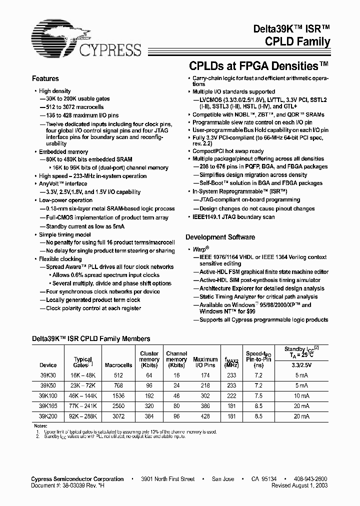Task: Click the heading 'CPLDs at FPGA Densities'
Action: pyautogui.click(x=258, y=65)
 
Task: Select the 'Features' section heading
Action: pyautogui.click(x=45, y=79)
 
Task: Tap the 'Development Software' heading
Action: pyautogui.click(x=220, y=237)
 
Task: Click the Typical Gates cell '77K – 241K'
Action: pyautogui.click(x=82, y=405)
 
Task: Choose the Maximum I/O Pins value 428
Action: pyautogui.click(x=205, y=416)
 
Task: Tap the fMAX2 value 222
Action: pyautogui.click(x=231, y=395)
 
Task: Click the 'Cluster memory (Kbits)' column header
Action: pyautogui.click(x=149, y=359)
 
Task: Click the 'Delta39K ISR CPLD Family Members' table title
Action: pyautogui.click(x=91, y=338)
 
